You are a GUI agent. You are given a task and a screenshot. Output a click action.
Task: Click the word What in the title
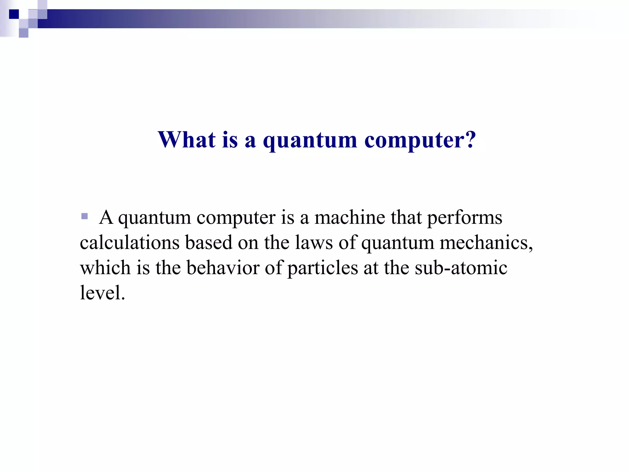point(186,140)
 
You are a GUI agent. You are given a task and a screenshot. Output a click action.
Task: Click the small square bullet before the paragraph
point(84,216)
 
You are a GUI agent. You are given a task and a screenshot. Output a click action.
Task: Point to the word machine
point(350,218)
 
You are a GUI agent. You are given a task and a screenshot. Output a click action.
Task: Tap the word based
point(208,243)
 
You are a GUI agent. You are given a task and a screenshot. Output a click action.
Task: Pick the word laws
point(314,243)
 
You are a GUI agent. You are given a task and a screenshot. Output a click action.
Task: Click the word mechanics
point(486,243)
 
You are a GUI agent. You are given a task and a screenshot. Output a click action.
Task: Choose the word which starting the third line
point(105,268)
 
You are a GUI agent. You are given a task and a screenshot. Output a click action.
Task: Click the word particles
point(322,268)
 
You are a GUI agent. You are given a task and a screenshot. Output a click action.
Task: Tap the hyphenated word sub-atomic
point(461,268)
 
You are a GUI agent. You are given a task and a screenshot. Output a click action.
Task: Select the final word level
point(102,293)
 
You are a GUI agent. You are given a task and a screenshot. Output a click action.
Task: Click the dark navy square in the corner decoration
point(14,14)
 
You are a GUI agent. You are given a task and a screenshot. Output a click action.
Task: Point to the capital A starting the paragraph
point(106,218)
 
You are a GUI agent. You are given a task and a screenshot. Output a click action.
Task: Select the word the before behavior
point(168,268)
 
